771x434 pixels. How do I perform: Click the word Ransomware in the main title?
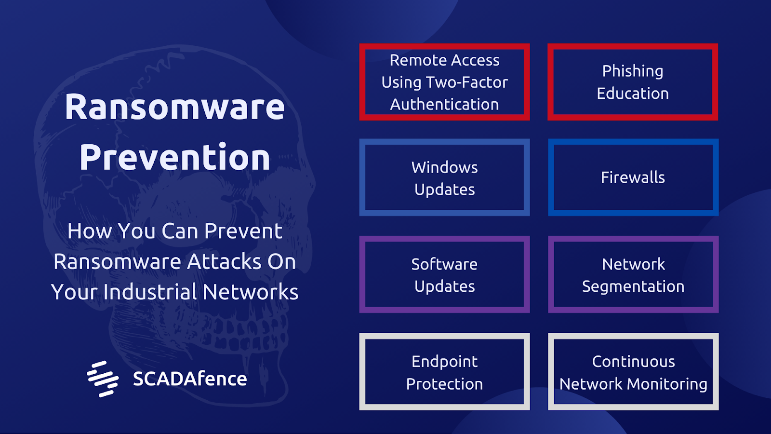coord(174,107)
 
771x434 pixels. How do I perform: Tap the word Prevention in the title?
coord(175,157)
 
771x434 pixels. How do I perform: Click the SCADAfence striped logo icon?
coord(103,379)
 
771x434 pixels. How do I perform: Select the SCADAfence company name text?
coord(190,379)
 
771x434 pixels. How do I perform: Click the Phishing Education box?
coord(633,82)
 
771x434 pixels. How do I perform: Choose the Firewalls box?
coord(633,177)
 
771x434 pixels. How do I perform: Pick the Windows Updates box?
coord(444,177)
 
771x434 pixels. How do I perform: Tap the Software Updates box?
coord(444,274)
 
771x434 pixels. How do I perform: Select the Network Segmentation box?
coord(633,274)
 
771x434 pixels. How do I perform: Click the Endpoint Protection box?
coord(444,372)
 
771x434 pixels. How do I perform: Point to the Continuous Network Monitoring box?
coord(633,372)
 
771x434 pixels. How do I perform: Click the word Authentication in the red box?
coord(444,104)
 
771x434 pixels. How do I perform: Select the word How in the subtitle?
coord(89,231)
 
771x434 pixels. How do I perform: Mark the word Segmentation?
coord(633,286)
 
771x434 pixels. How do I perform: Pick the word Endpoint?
coord(444,362)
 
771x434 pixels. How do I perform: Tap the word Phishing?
coord(633,71)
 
